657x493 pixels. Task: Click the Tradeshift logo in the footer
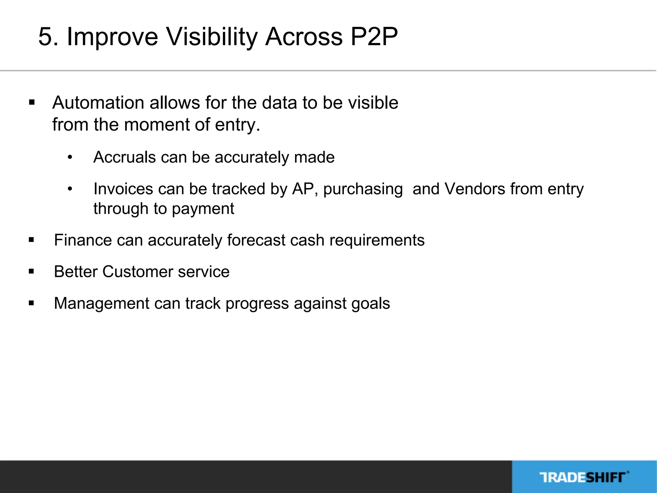(584, 477)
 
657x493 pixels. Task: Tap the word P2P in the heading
(374, 37)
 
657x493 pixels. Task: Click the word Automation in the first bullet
(98, 103)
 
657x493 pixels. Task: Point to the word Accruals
(124, 157)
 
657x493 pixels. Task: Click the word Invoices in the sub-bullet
(123, 189)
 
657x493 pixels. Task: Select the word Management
(101, 303)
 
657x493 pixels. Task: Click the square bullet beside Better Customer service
(31, 272)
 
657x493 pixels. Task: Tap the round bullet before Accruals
(70, 158)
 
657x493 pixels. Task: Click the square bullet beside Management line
(31, 303)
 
